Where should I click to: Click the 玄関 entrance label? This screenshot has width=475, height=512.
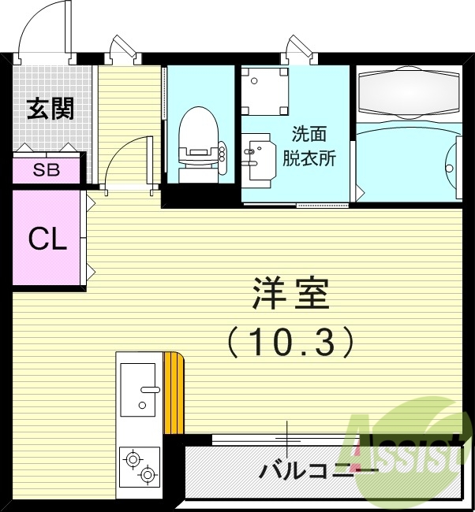coord(50,109)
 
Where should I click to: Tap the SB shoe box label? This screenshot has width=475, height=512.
coord(46,170)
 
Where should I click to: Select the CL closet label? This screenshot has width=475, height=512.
coord(47,239)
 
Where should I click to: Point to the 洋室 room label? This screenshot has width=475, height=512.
coord(290,297)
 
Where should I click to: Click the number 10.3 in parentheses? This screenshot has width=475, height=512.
coord(290,341)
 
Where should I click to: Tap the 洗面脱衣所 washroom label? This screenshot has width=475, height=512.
coord(309,146)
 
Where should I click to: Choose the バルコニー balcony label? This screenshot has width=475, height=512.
coord(319,471)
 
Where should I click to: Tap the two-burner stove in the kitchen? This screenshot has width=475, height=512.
coord(139,466)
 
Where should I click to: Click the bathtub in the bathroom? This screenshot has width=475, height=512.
coord(408,93)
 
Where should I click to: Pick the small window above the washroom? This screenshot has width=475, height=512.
coord(300,51)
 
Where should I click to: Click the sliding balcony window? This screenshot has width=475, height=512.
coord(288,439)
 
